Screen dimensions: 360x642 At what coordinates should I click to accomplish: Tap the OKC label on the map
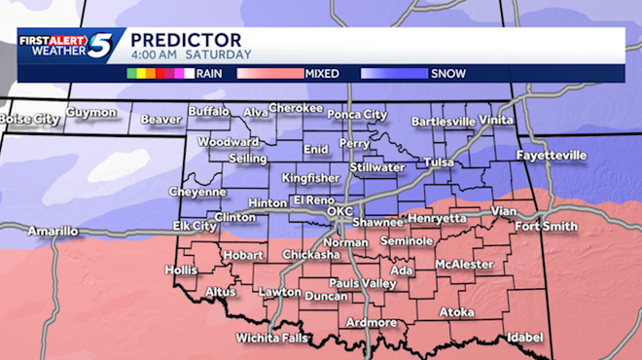(340, 210)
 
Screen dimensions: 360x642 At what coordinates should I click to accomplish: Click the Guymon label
(91, 113)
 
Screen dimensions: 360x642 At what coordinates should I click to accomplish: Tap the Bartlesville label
(443, 121)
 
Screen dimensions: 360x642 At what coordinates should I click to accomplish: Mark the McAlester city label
(461, 263)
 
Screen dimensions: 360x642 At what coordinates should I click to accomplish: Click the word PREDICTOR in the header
(186, 38)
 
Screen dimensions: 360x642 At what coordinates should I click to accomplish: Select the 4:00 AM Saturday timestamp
(191, 54)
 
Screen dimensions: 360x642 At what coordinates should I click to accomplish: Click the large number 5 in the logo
(101, 46)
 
